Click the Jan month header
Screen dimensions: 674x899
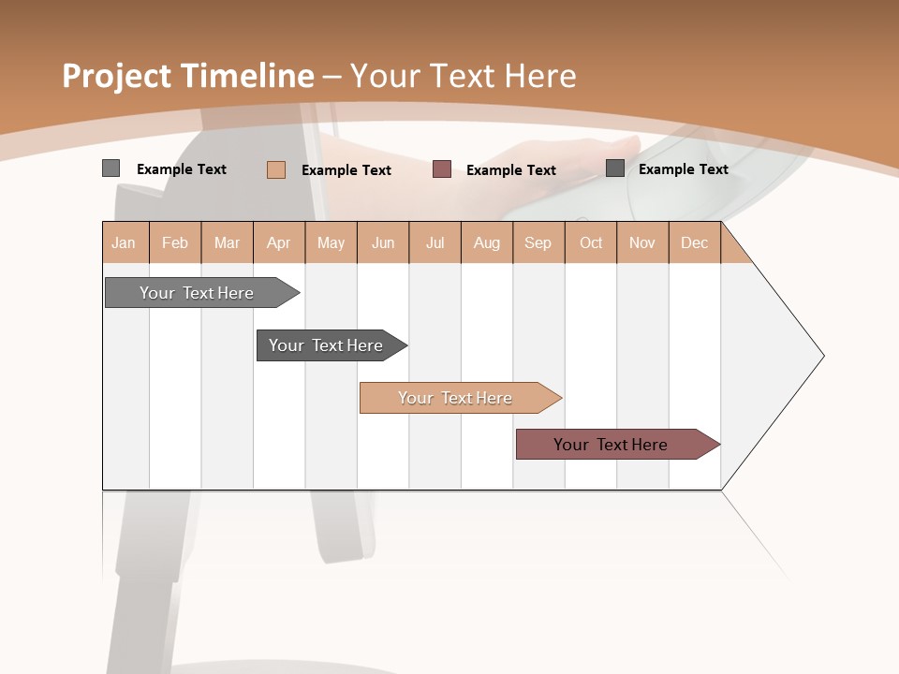pos(124,242)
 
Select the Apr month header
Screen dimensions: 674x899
pos(278,242)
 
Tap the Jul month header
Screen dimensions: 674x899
pos(435,242)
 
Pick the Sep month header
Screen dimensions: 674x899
pos(538,242)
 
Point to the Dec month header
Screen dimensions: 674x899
pos(694,242)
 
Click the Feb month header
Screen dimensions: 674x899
pos(175,242)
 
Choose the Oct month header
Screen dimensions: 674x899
pos(591,242)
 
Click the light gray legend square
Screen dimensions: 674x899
pos(111,168)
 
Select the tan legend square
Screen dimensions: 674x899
pos(276,169)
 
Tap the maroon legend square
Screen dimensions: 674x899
pos(442,169)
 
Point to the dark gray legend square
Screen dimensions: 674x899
pos(615,168)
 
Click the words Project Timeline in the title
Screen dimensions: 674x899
pos(187,76)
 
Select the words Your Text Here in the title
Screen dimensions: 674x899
pos(463,76)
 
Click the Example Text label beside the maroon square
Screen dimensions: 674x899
pos(510,169)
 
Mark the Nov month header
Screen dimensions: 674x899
pos(642,242)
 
